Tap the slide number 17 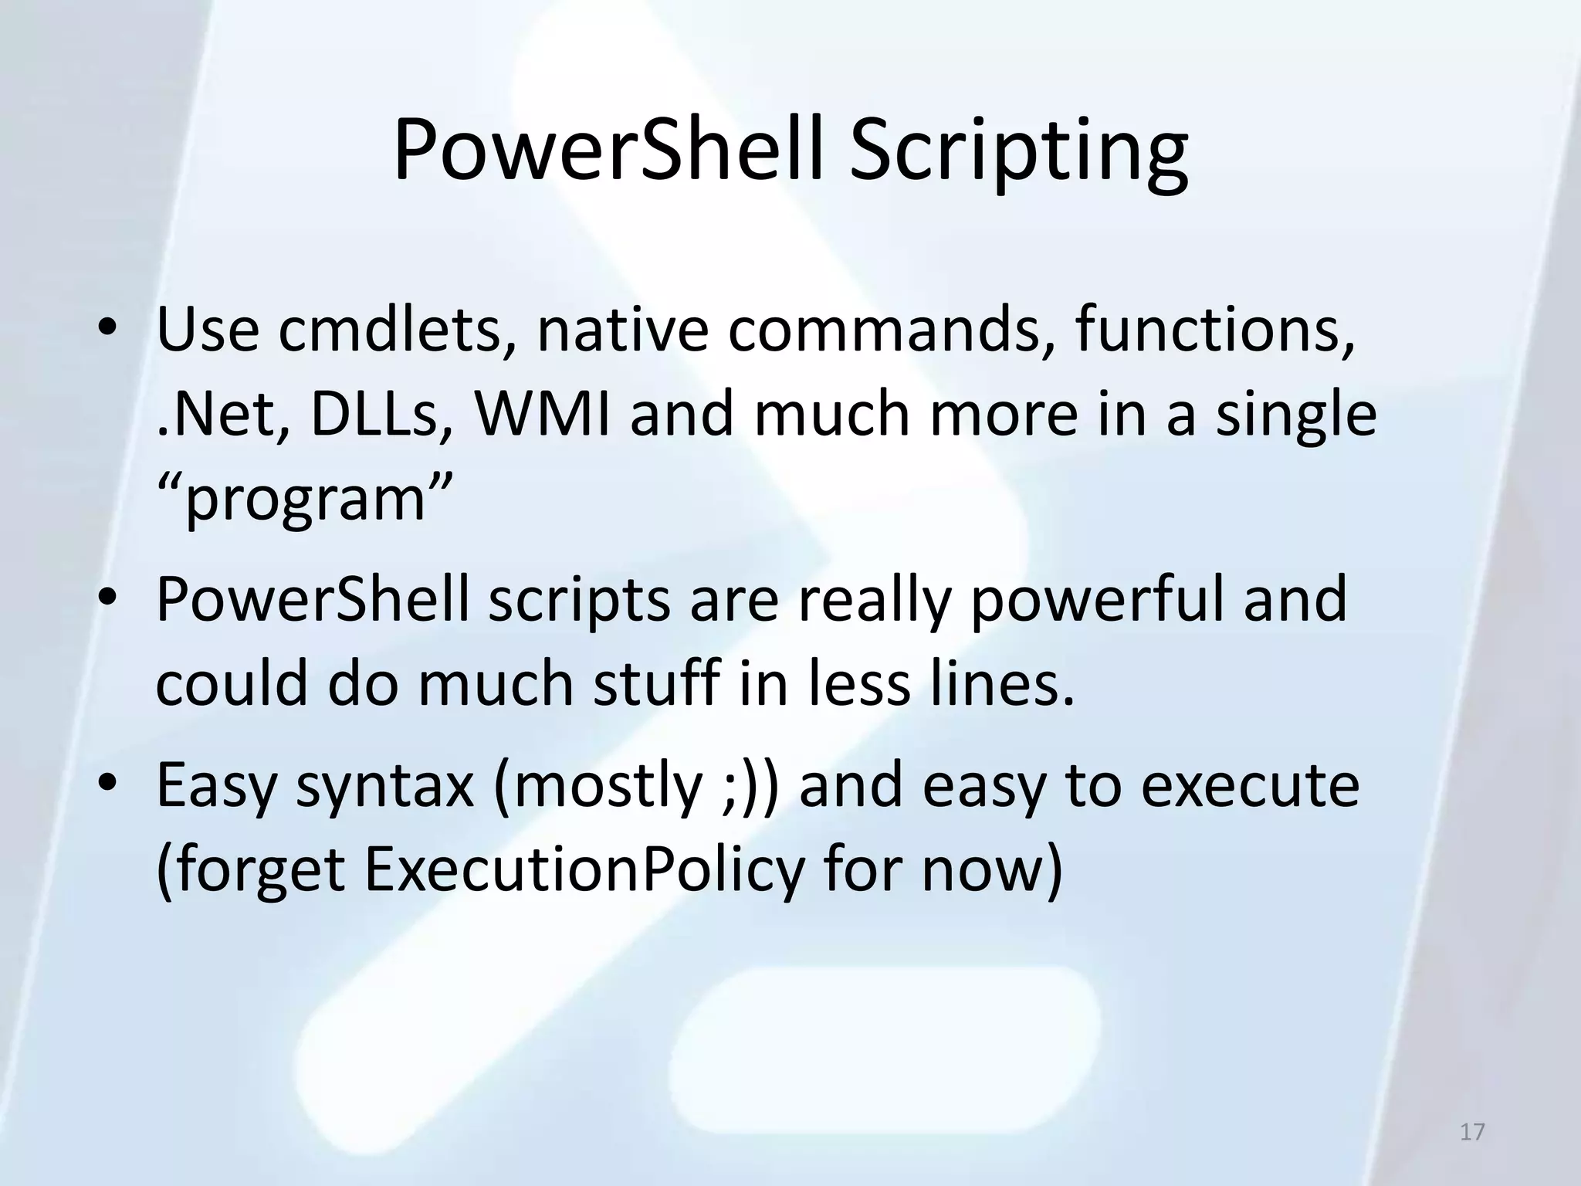(x=1472, y=1132)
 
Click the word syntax (x=384, y=786)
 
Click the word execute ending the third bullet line (x=1250, y=786)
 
